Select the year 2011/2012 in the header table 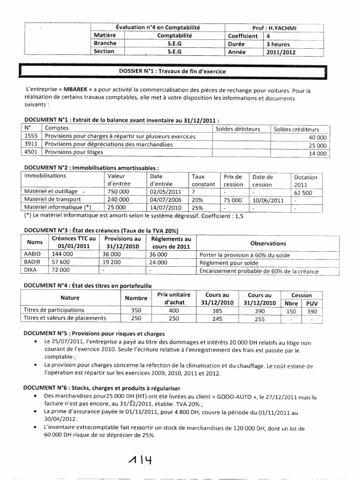pos(281,52)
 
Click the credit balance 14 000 pos(318,153)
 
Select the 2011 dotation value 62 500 pos(305,192)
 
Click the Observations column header pos(268,243)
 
